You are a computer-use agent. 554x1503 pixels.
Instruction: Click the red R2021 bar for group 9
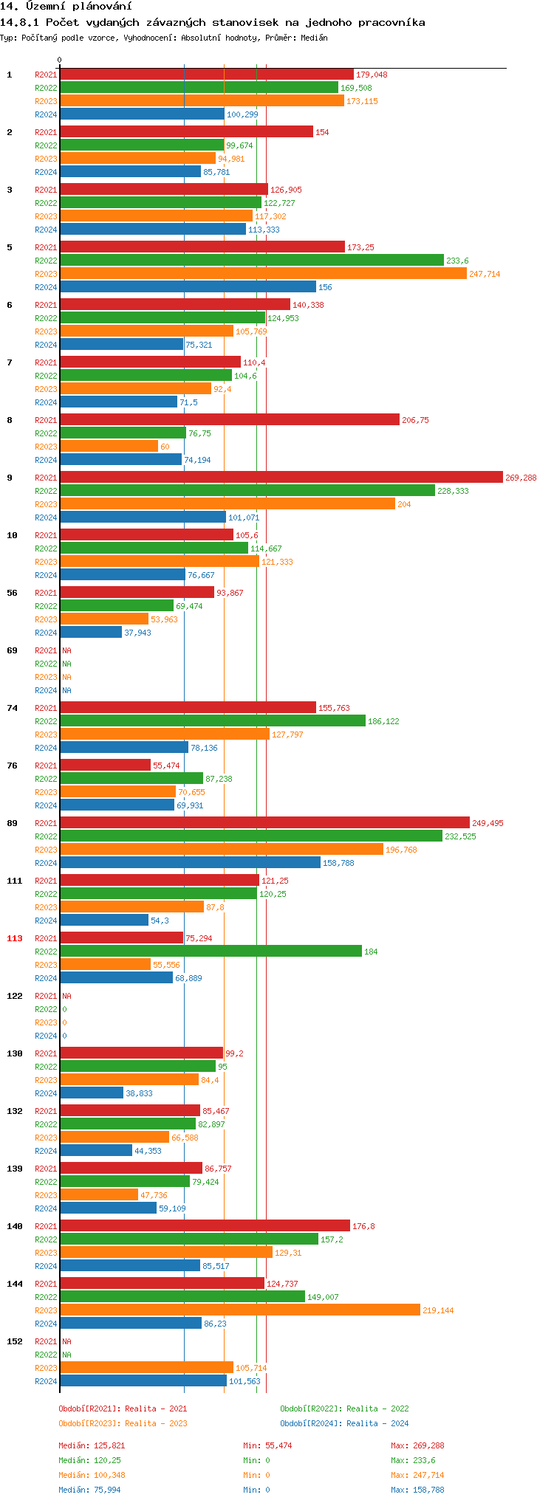281,478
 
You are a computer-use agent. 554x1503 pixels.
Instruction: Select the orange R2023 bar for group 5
263,274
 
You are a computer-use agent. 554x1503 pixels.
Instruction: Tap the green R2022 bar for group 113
211,952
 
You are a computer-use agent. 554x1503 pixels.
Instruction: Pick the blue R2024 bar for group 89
190,863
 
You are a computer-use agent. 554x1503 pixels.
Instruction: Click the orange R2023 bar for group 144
240,1310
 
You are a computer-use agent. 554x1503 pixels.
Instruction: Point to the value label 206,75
415,420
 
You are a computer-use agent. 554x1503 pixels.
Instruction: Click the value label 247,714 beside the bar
485,274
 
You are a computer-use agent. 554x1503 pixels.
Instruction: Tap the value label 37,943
137,633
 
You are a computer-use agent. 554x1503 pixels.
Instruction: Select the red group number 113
15,938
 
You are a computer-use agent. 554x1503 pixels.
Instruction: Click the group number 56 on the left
12,593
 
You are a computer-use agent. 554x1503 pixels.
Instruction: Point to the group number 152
15,1341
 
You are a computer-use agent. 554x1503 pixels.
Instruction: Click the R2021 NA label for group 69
66,650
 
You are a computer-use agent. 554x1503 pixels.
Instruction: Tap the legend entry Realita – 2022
344,1409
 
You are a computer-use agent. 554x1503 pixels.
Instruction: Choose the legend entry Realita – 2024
344,1423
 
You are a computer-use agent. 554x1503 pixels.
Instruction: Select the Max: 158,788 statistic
417,1490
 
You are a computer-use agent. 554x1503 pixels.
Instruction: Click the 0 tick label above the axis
60,60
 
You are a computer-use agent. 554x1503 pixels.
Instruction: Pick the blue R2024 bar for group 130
92,1093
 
